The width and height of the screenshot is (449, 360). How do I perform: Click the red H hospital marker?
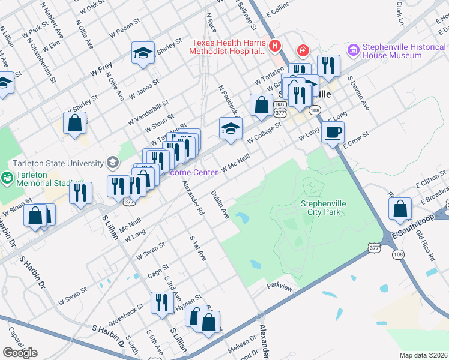(x=274, y=45)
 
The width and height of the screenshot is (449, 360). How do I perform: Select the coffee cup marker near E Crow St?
(x=333, y=133)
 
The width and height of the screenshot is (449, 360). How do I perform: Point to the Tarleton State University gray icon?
(x=112, y=162)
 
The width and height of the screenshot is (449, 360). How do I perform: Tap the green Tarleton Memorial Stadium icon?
(x=7, y=177)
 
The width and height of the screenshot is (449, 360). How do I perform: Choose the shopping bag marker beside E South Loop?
(x=400, y=209)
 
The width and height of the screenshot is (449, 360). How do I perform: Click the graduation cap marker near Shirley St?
(x=143, y=53)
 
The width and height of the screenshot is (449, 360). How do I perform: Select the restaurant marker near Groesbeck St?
(x=161, y=303)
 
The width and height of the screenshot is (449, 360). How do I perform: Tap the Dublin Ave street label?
(x=220, y=205)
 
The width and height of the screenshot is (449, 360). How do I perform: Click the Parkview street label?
(x=279, y=286)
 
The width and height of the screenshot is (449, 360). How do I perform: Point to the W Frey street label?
(x=101, y=70)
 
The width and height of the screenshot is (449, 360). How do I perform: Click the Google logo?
(x=20, y=353)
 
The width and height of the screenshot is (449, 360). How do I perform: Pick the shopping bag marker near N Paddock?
(x=261, y=105)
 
